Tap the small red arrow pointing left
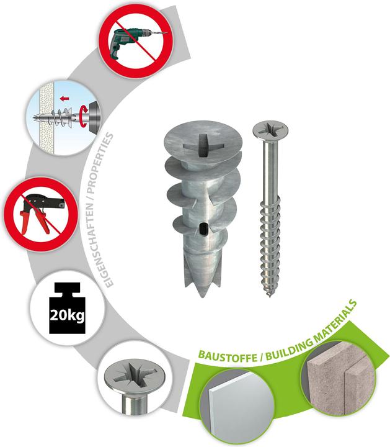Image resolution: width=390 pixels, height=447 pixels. (x=64, y=99)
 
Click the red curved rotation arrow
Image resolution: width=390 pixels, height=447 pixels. (x=82, y=116)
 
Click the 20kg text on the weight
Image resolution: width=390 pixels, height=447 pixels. (x=67, y=315)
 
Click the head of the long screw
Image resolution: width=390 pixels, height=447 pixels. (x=270, y=131)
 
